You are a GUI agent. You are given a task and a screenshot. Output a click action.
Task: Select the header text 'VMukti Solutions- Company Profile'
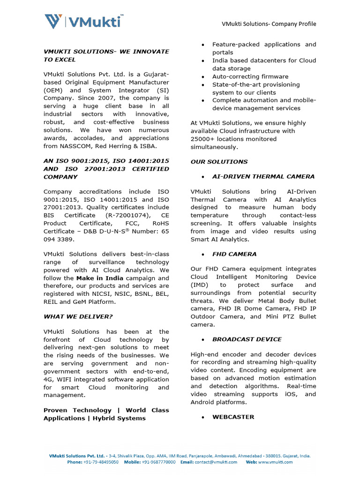(x=269, y=24)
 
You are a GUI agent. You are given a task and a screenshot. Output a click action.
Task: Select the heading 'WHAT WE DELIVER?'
(x=78, y=316)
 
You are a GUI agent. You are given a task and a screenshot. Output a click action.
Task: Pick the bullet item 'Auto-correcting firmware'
(x=250, y=76)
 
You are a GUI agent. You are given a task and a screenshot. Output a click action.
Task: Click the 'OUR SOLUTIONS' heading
(x=219, y=162)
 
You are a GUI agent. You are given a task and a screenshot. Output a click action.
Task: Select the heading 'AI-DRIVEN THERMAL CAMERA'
(x=263, y=177)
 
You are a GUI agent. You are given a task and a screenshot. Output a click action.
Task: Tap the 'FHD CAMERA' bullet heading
(x=234, y=254)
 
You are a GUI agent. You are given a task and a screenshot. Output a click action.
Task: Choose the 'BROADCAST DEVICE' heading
(x=247, y=339)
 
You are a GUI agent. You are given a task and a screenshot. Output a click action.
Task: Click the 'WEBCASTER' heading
(x=233, y=417)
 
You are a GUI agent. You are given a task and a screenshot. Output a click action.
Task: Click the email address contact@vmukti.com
(x=216, y=462)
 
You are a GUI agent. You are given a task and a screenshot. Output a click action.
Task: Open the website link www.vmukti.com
(x=275, y=462)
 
